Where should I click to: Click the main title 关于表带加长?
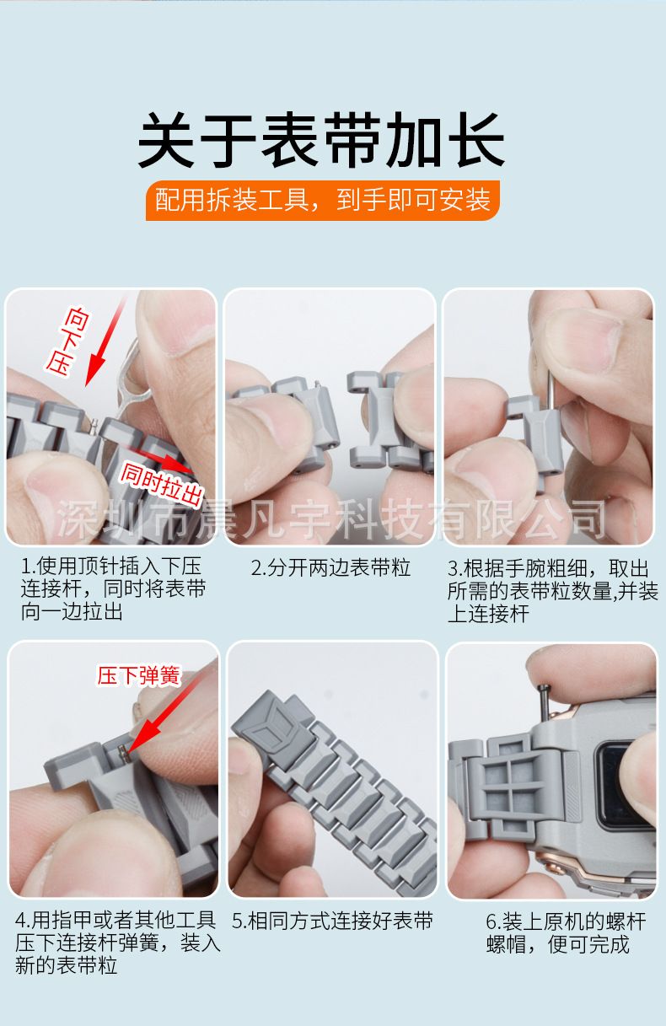coord(320,140)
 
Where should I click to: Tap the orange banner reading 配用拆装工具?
coord(323,201)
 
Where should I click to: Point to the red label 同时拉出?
coord(161,484)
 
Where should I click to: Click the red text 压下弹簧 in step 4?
coord(138,675)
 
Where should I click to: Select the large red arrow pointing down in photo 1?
coord(106,341)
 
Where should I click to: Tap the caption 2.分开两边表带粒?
coord(330,568)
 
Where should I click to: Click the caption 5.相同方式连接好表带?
coord(332,921)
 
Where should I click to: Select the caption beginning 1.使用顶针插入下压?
coord(113,588)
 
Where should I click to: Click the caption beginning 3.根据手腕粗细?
coord(553,591)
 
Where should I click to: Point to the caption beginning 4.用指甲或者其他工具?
coord(118,943)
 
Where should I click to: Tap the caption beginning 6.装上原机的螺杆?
coord(567,933)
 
